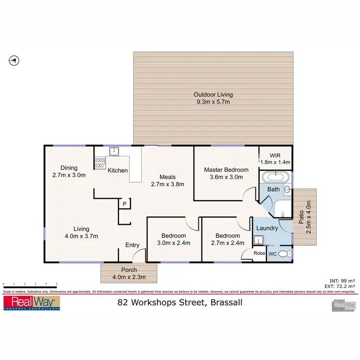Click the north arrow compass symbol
[14, 60]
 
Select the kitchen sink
[114, 152]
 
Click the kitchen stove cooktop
[100, 163]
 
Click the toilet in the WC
[285, 253]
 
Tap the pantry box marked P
[124, 204]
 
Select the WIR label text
[275, 155]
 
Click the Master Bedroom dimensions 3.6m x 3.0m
[226, 177]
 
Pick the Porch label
[129, 269]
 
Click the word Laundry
[267, 228]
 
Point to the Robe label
[259, 253]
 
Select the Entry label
[132, 245]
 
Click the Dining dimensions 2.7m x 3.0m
[69, 175]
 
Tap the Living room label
[81, 229]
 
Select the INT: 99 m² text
[341, 280]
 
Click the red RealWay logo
[32, 303]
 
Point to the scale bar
[30, 286]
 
